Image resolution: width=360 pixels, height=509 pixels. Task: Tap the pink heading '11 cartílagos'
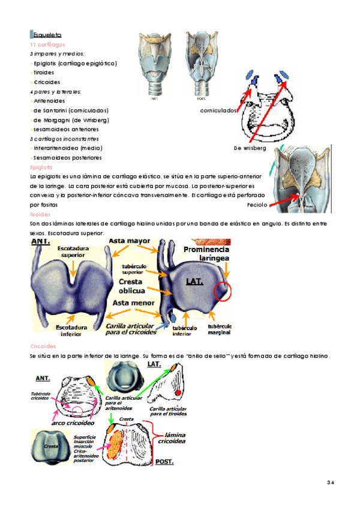[47, 44]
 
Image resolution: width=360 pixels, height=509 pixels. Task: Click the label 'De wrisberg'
[250, 148]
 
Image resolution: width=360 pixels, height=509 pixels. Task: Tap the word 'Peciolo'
[257, 205]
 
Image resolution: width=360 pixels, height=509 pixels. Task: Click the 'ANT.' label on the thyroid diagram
[41, 241]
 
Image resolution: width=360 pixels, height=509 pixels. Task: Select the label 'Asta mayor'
[129, 241]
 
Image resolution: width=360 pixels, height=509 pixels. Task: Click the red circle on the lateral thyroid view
[224, 292]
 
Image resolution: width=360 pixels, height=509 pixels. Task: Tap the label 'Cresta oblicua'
[134, 286]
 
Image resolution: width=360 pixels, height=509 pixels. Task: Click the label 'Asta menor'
[133, 303]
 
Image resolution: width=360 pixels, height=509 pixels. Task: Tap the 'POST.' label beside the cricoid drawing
[164, 462]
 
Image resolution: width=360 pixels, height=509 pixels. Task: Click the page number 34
[330, 482]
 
